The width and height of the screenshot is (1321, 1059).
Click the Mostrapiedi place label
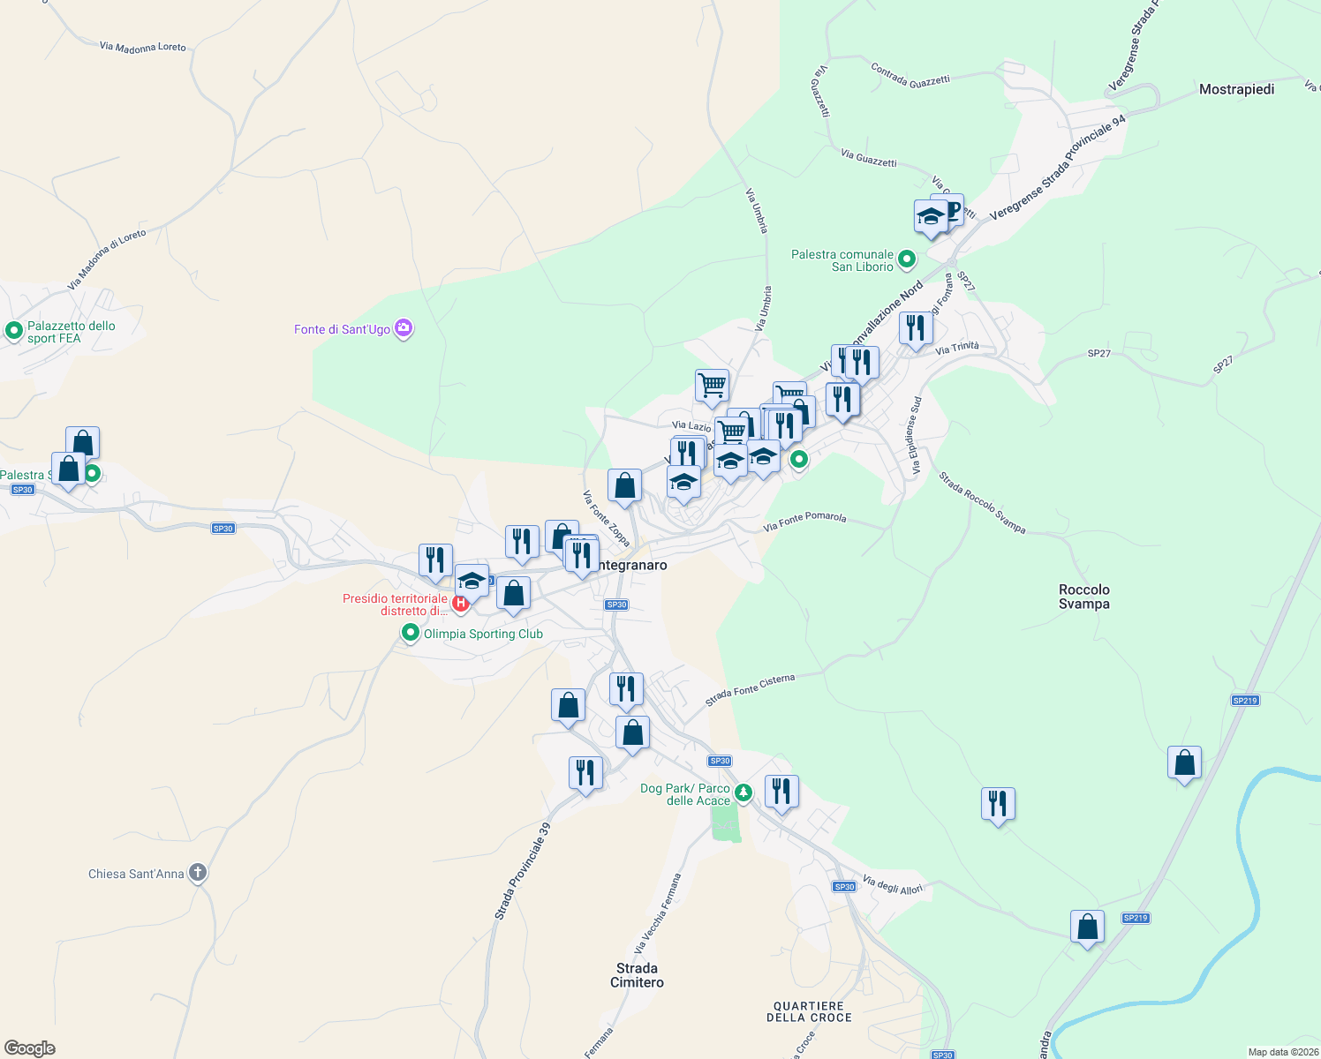1236,89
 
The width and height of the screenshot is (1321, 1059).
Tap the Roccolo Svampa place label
1083,597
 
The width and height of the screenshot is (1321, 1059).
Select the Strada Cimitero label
637,975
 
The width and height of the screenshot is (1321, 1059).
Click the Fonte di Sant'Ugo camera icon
404,328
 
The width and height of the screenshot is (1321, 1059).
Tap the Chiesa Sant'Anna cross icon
198,873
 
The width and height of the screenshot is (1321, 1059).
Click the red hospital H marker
460,604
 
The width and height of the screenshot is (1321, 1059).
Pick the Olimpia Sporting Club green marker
410,633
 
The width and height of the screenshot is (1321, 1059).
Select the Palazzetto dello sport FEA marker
13,331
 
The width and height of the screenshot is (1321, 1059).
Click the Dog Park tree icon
744,792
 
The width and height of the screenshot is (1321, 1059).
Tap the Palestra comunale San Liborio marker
906,259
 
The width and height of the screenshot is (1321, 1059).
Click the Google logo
30,1048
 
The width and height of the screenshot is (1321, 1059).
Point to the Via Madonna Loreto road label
142,47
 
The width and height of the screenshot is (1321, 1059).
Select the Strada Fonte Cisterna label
750,690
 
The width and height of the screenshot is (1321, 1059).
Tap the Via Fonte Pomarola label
804,522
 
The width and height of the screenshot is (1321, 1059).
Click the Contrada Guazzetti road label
910,75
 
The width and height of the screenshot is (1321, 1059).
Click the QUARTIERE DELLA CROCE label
809,1011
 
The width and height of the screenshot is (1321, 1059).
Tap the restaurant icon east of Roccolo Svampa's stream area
998,804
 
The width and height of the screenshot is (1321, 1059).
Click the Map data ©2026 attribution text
1283,1052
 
